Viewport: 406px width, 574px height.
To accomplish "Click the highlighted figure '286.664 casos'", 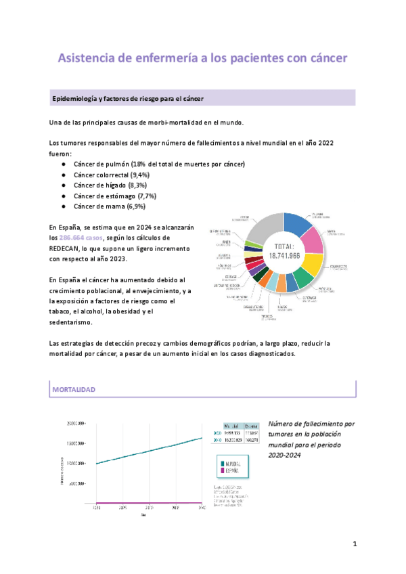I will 81,238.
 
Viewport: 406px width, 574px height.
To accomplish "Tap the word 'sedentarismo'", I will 74,322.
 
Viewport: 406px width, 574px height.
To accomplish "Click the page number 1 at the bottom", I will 355,544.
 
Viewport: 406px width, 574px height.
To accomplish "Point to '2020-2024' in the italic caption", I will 284,456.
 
